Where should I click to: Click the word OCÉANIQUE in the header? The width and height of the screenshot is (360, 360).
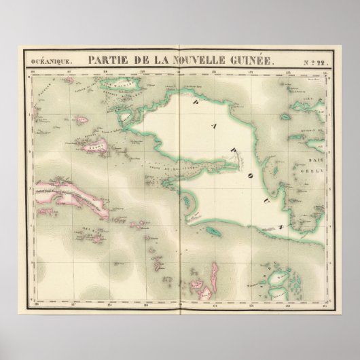tap(50, 61)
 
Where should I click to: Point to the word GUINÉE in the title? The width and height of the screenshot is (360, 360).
tap(253, 60)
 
